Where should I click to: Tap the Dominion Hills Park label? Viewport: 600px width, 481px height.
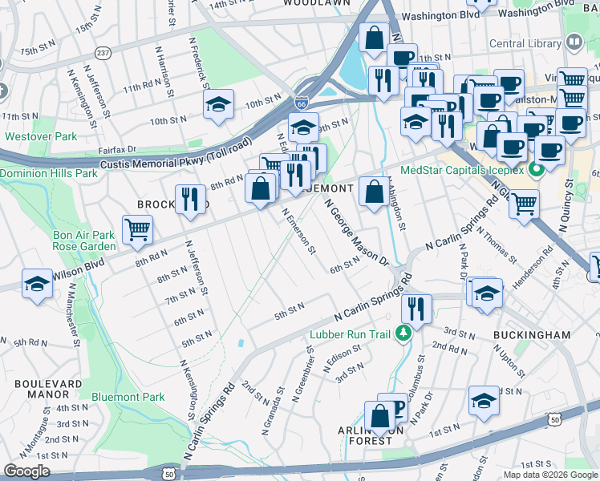47,173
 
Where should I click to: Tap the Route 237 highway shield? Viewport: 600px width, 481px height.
103,52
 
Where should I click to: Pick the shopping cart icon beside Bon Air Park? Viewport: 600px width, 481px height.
137,229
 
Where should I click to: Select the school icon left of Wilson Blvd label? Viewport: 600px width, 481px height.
37,285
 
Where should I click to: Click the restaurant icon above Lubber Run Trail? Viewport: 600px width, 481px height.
416,308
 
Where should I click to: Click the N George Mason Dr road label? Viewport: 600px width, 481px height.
356,233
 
